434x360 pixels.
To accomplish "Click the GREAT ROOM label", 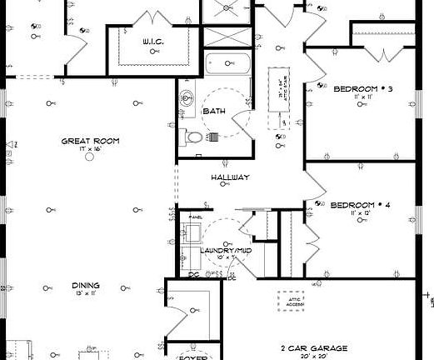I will click(89, 141).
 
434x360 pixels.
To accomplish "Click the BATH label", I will click(215, 110).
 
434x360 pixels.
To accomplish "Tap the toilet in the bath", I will click(193, 136).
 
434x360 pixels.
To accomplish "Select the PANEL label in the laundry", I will click(196, 217).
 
